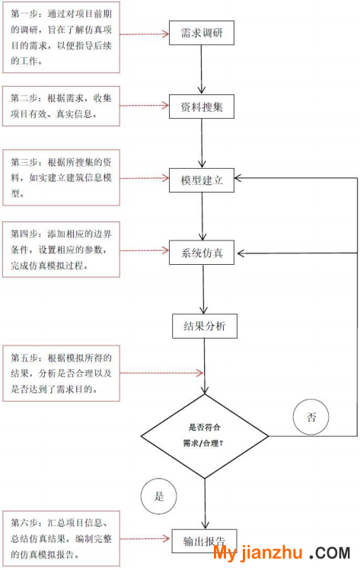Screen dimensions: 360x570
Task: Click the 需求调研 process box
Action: click(x=202, y=33)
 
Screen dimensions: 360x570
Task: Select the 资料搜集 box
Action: click(x=202, y=107)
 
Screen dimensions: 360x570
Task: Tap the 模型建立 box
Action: click(x=202, y=180)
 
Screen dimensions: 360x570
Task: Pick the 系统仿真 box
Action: click(x=202, y=253)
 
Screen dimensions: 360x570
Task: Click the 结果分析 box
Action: click(x=205, y=326)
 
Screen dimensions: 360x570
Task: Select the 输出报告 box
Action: click(x=205, y=541)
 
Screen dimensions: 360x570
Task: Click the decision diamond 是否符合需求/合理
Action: click(x=205, y=436)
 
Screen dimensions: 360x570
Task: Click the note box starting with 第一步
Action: click(x=61, y=37)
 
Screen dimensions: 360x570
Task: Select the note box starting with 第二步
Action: click(x=61, y=106)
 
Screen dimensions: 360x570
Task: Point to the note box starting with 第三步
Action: click(x=61, y=178)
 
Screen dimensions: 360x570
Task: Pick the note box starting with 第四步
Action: click(x=61, y=250)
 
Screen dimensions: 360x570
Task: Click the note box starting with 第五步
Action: click(x=61, y=374)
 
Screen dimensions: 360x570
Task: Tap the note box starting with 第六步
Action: click(x=61, y=539)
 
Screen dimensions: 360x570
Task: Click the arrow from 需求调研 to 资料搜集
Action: click(x=202, y=70)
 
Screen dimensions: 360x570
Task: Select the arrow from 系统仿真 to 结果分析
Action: click(x=203, y=289)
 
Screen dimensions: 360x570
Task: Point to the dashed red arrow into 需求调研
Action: click(x=145, y=34)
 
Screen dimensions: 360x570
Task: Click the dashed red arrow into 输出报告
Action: click(x=145, y=539)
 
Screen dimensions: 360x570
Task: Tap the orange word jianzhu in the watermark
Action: click(x=272, y=553)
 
